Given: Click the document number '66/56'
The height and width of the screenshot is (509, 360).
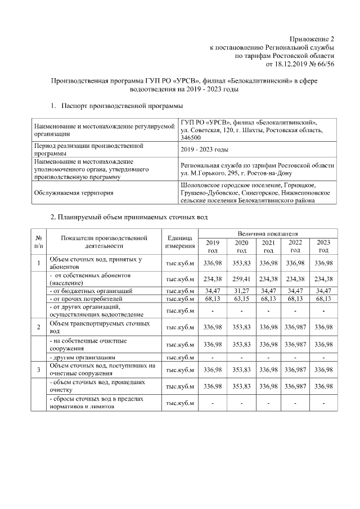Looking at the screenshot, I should click(x=325, y=64).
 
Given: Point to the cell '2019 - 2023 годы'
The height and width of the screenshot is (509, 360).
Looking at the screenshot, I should click(x=204, y=149).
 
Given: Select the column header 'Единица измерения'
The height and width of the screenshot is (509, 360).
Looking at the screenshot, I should click(x=179, y=242).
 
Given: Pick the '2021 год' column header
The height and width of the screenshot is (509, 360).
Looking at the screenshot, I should click(x=268, y=246).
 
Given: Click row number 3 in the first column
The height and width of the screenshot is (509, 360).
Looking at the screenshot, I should click(x=38, y=370).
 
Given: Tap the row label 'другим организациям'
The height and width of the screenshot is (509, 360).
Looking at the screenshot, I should click(x=84, y=357).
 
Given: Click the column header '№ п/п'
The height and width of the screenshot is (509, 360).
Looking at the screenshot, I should click(x=38, y=242).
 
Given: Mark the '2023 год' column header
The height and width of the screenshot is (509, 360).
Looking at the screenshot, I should click(x=323, y=246).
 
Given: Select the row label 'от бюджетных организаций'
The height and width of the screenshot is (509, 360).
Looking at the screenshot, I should click(x=91, y=291).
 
